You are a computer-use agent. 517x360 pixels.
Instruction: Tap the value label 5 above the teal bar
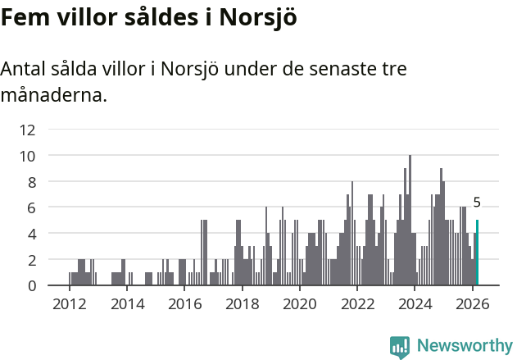[477, 203]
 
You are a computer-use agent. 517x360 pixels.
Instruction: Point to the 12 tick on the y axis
[28, 130]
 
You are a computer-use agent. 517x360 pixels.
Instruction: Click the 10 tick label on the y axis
[28, 156]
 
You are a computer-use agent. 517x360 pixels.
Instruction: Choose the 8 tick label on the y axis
[31, 181]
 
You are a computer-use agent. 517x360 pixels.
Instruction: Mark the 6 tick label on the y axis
[31, 207]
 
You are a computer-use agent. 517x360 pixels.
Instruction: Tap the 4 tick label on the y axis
[31, 234]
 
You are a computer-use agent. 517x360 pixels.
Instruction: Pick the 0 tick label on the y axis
[31, 285]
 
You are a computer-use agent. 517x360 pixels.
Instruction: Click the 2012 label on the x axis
[69, 304]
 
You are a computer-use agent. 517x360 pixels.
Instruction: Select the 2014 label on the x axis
[126, 304]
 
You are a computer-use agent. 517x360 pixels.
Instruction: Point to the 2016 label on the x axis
[184, 304]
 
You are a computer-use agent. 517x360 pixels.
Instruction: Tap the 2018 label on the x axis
[242, 304]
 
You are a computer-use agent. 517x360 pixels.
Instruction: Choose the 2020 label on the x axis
[300, 304]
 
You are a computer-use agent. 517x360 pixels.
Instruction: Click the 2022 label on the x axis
[357, 304]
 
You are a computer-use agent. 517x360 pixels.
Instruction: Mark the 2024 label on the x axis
[415, 304]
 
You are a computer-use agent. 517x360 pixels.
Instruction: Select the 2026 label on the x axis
[473, 304]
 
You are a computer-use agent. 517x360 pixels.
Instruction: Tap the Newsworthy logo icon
[400, 346]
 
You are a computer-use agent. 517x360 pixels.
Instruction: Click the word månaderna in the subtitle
[53, 95]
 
